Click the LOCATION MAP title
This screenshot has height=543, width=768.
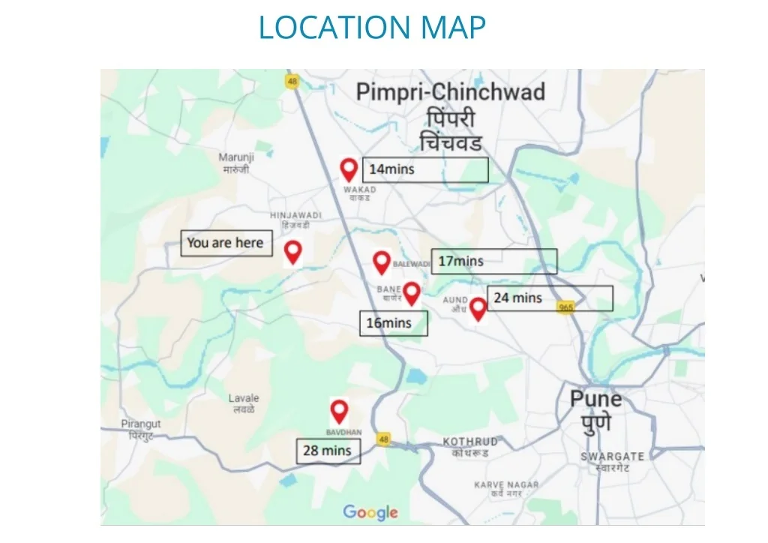(x=372, y=28)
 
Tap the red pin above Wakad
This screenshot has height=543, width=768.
(x=349, y=169)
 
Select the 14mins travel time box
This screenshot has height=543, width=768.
(x=425, y=169)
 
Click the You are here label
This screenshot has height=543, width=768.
(x=226, y=243)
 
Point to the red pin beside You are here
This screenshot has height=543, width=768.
(x=292, y=252)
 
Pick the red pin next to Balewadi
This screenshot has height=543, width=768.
(x=382, y=262)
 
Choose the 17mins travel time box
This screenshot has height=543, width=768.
(x=493, y=261)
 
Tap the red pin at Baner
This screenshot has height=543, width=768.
(x=412, y=292)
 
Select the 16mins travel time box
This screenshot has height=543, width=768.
(x=394, y=323)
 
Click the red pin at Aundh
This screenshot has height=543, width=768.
(x=478, y=308)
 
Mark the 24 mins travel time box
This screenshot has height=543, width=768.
(x=550, y=298)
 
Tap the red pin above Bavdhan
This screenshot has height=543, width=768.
(x=339, y=411)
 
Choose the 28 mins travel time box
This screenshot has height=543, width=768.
(x=328, y=451)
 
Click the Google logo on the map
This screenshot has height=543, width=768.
(x=370, y=513)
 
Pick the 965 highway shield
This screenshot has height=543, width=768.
(x=565, y=307)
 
